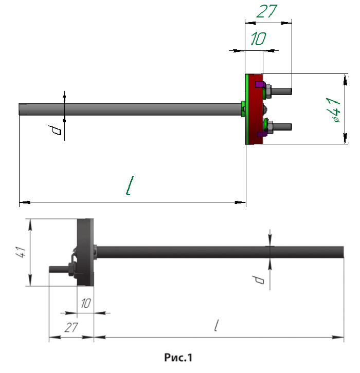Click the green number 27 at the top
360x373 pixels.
pos(266,11)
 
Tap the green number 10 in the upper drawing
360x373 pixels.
pos(259,39)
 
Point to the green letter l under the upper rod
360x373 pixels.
pos(132,186)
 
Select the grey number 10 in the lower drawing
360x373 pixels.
pos(85,303)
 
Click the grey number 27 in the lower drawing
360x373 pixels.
pos(71,327)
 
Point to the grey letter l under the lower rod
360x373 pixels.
pos(218,325)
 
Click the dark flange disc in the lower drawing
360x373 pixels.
pos(86,252)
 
